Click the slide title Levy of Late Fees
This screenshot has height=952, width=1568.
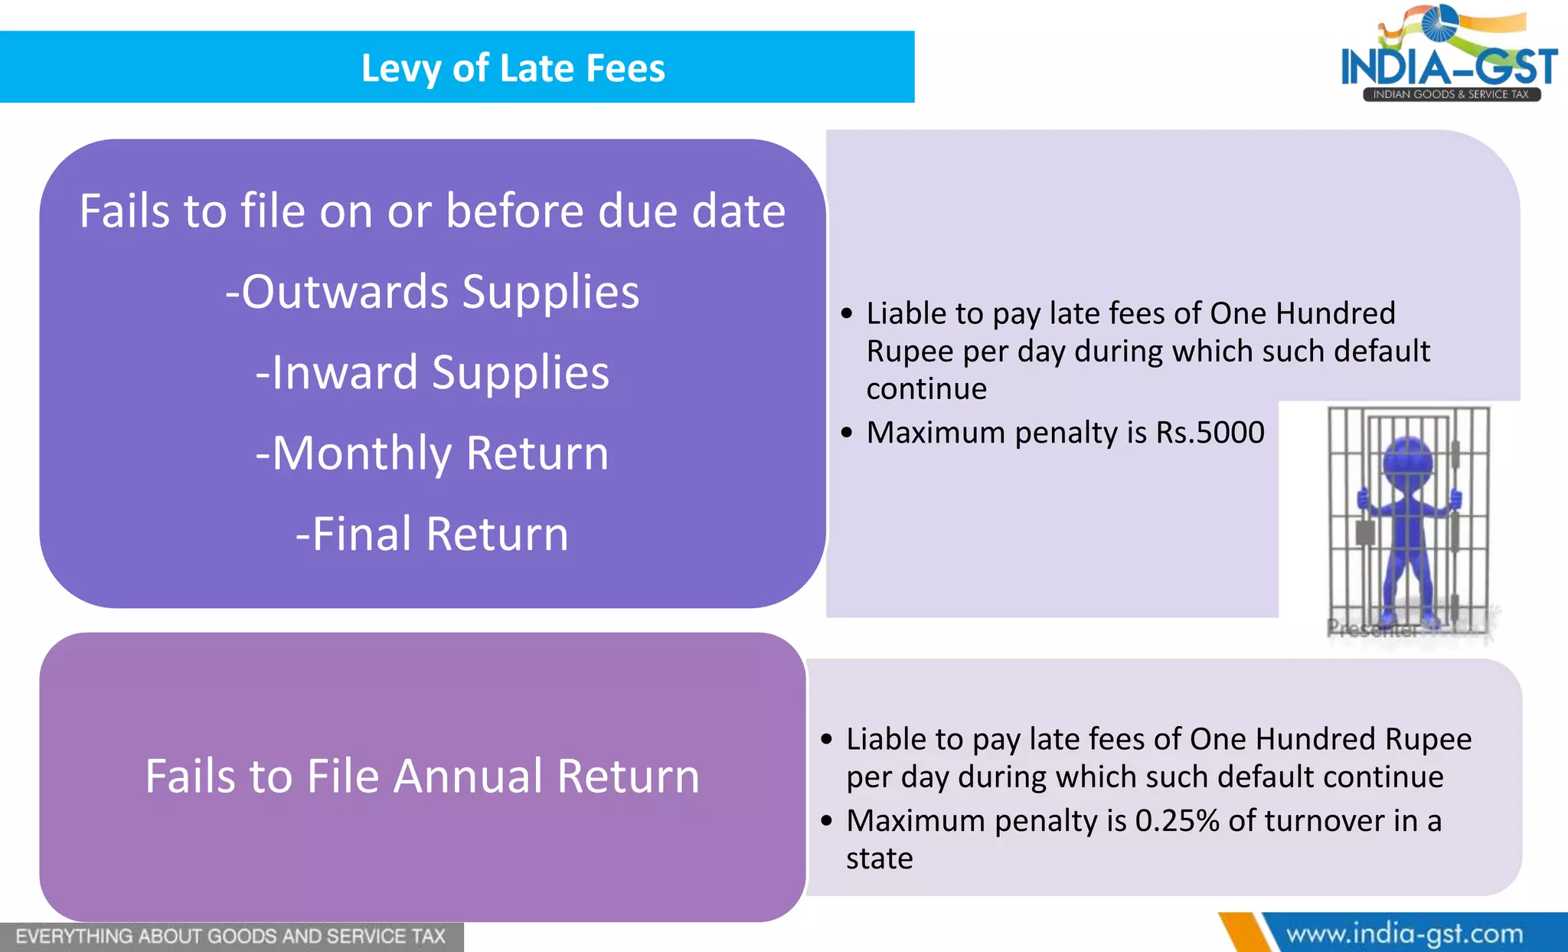[x=513, y=68]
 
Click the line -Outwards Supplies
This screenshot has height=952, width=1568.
[x=433, y=292]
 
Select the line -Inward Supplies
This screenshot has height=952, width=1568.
[x=433, y=373]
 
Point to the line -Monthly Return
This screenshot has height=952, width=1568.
[x=433, y=453]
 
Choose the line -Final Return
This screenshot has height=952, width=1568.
[x=433, y=534]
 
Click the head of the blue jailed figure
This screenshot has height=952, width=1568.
[x=1407, y=457]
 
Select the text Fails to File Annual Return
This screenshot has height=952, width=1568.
[x=423, y=777]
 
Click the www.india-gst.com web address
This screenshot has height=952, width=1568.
[x=1404, y=934]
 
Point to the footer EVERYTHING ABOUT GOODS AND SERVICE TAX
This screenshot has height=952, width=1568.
[x=230, y=937]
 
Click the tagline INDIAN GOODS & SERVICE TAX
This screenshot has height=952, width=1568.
[x=1450, y=94]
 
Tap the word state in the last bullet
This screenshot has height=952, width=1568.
[x=879, y=859]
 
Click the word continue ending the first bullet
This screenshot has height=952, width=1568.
[x=926, y=389]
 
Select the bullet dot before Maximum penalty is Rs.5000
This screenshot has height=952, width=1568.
[x=846, y=433]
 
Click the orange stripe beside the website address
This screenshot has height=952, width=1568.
[x=1244, y=933]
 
